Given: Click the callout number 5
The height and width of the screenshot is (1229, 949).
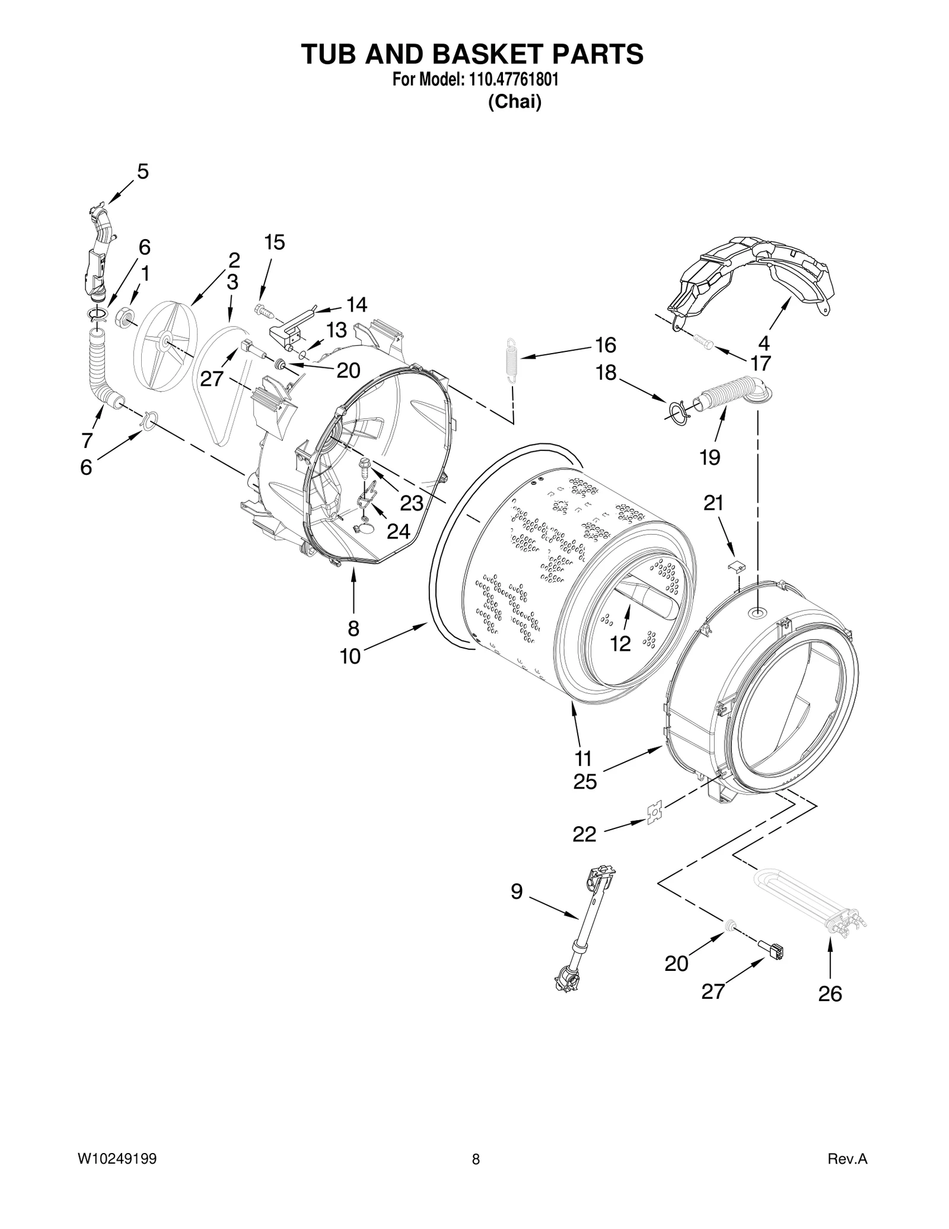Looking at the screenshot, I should point(142,172).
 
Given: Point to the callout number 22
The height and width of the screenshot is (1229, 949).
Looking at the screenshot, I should point(584,834).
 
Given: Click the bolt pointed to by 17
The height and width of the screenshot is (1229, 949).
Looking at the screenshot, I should point(703,342).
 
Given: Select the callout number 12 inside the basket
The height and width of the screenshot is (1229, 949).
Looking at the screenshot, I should point(620,643).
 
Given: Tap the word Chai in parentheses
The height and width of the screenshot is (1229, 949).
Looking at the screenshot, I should point(514,102).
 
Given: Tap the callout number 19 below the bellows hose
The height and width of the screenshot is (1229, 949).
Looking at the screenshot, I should point(709,457).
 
